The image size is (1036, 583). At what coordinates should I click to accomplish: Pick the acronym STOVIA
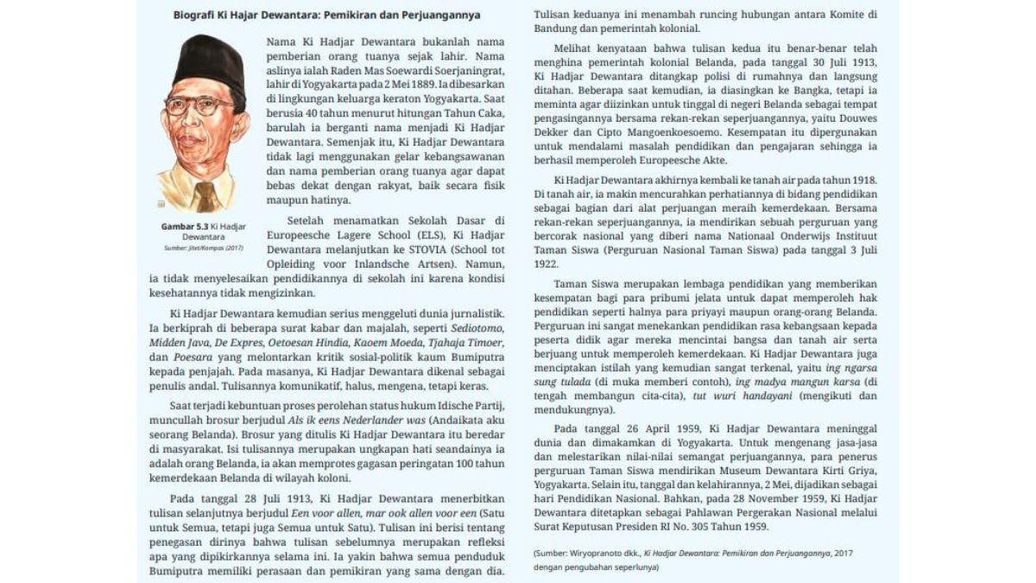[422, 249]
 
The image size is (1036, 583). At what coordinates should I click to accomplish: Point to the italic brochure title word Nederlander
[373, 419]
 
